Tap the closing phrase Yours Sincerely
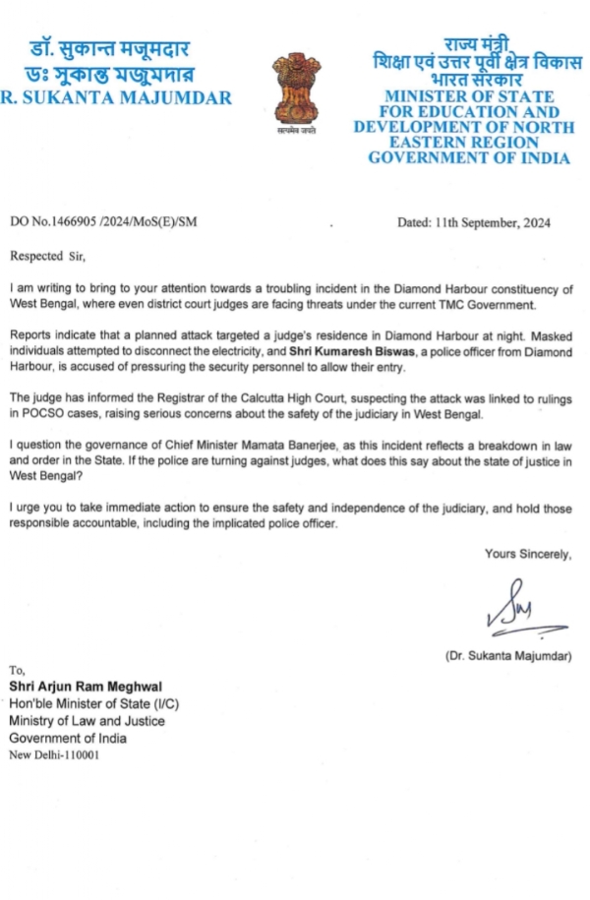coord(528,555)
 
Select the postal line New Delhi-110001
coord(54,755)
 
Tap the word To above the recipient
coord(17,670)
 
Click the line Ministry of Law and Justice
coord(88,721)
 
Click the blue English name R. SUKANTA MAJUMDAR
coord(116,98)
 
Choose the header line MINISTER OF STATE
coord(468,97)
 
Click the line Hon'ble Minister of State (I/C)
coord(94,703)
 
